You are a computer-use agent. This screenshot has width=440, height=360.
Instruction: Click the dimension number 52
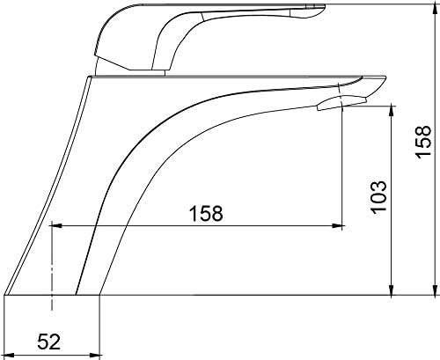coord(49,342)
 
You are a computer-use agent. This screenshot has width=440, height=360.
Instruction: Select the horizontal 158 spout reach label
coord(206,213)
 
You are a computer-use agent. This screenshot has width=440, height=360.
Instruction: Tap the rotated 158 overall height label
coord(423,143)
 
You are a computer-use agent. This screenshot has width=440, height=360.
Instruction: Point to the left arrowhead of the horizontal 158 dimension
coord(56,226)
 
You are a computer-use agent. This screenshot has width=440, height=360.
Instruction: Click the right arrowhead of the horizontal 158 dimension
coord(337,226)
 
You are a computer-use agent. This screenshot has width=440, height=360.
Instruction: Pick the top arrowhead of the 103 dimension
coord(391,111)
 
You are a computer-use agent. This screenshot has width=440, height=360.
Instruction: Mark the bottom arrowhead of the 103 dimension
coord(391,290)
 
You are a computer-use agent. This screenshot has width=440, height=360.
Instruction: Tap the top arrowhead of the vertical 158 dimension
coord(435,10)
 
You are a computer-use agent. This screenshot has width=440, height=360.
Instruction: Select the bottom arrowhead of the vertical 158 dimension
coord(435,290)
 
